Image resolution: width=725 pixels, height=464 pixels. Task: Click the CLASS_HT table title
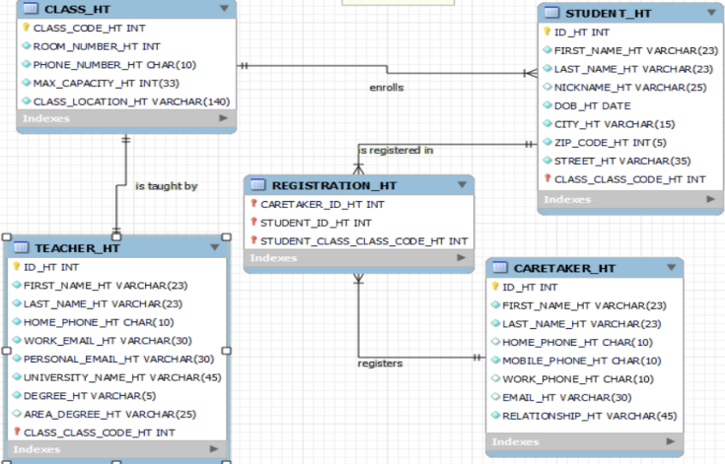[78, 9]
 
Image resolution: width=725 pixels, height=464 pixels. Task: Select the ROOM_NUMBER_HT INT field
[97, 46]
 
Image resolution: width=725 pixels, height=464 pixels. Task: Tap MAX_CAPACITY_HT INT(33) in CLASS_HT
[106, 83]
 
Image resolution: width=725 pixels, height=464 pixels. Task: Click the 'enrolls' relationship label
[386, 88]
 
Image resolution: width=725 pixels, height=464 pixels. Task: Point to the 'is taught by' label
[166, 185]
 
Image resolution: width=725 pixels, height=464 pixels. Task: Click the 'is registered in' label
[396, 150]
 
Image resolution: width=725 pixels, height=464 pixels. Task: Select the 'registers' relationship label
[380, 364]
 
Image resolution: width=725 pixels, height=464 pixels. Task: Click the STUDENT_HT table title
[609, 13]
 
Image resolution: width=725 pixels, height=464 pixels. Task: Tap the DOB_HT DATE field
[592, 105]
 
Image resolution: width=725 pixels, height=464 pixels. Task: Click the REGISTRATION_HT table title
[334, 185]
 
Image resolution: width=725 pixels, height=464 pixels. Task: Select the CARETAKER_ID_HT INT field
[323, 204]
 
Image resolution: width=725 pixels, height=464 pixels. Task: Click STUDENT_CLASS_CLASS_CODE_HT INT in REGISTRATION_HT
[364, 240]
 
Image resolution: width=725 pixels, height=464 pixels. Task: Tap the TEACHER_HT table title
[78, 248]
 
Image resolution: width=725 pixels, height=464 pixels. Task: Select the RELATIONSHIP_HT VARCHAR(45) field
[590, 416]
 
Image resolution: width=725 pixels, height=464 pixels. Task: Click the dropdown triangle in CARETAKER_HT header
[668, 268]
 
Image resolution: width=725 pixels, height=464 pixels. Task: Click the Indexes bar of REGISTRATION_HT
[358, 258]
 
